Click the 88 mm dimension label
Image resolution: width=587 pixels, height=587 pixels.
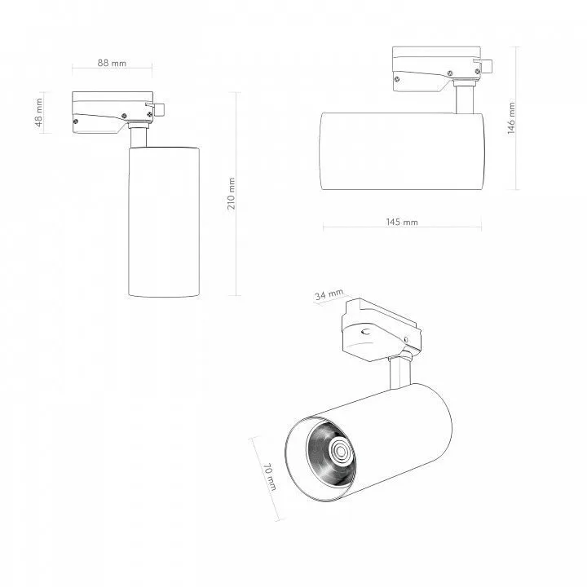pos(112,63)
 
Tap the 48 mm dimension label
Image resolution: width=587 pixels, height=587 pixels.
pos(39,113)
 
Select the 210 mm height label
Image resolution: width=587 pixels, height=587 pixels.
pos(232,193)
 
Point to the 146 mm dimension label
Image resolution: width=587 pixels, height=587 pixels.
pos(511,118)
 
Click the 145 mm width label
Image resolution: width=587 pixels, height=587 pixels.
pos(402,222)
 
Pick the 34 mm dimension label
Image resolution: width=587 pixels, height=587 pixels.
pos(329,294)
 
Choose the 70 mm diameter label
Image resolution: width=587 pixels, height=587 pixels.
pos(270,477)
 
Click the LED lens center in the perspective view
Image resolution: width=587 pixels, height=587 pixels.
pos(341,451)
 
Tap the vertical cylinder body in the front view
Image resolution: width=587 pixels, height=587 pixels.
pos(164,222)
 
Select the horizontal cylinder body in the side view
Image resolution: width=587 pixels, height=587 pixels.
pos(402,151)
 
